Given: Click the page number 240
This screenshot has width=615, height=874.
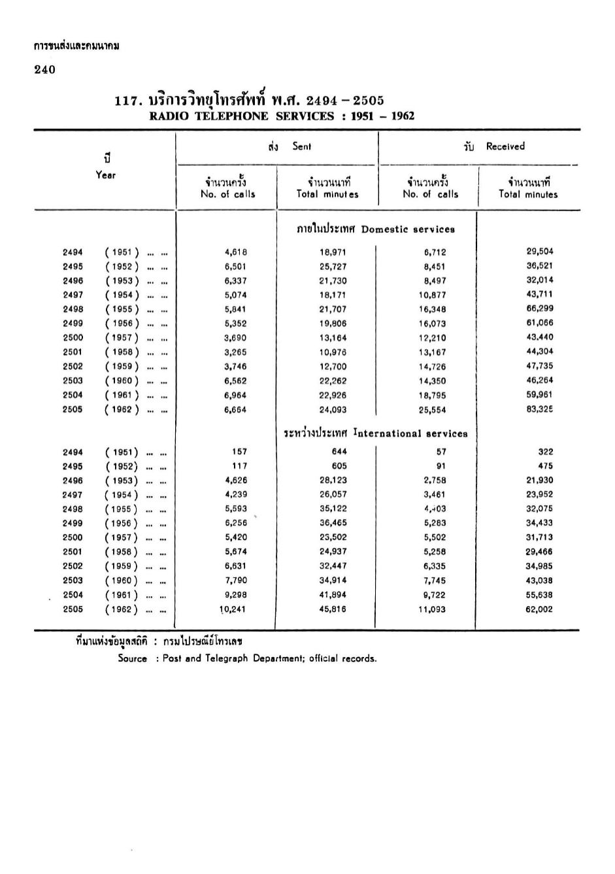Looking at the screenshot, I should click(44, 70).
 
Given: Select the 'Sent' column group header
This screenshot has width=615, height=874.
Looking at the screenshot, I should click(301, 146).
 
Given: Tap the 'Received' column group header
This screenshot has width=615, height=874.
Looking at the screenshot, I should click(505, 146).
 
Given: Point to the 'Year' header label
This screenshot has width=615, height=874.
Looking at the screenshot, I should click(105, 175).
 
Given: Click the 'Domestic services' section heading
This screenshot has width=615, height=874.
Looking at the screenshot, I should click(407, 229).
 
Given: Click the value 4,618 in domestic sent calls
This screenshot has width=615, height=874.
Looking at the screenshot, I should click(235, 252).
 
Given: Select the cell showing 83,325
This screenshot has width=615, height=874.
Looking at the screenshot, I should click(540, 410).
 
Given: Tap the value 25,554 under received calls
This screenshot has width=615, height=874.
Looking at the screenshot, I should click(432, 410).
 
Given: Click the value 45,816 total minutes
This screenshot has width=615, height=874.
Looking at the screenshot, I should click(333, 609).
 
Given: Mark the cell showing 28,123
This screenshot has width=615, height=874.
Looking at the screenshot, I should click(333, 480).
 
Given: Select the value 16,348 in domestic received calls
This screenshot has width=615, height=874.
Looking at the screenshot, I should click(432, 309).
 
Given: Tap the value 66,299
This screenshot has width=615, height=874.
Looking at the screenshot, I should click(539, 309).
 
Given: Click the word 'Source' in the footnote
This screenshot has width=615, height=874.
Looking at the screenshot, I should click(132, 659).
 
